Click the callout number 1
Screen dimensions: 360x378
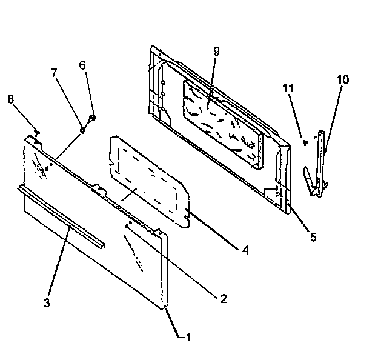188,336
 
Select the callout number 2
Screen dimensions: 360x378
224,298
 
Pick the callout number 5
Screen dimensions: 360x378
313,237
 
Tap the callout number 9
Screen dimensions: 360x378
216,52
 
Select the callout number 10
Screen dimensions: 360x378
343,80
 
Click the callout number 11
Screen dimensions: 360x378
288,88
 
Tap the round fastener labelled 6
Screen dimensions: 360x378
92,117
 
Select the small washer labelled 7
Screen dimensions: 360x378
82,129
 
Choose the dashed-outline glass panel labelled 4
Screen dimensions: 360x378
148,182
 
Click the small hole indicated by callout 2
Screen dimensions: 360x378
127,225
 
